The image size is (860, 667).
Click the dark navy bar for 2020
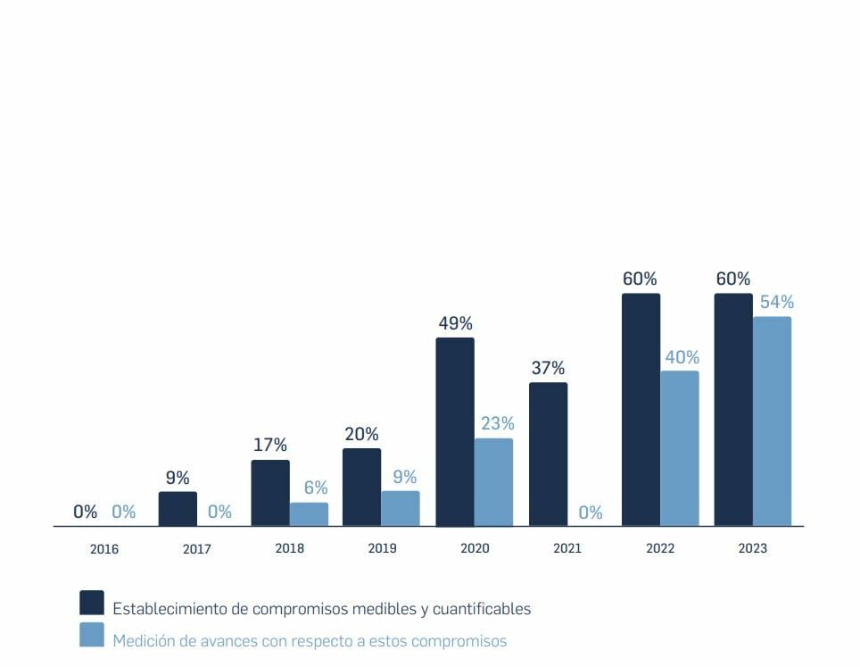455,432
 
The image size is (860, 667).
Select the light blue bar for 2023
772,421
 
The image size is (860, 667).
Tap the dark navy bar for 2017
178,509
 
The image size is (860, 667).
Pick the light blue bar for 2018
309,514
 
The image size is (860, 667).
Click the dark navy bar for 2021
548,454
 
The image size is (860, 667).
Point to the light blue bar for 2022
680,448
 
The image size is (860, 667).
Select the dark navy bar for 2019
361,487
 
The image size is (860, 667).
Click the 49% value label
455,323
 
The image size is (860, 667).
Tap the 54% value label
776,302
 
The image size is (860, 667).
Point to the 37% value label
548,368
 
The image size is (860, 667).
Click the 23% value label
497,423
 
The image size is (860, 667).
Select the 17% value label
269,445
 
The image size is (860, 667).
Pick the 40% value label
682,357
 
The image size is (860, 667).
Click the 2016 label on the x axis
104,549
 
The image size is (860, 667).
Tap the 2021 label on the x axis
566,548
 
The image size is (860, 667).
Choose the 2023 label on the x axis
752,548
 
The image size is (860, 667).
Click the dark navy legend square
92,603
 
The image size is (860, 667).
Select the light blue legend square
92,635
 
